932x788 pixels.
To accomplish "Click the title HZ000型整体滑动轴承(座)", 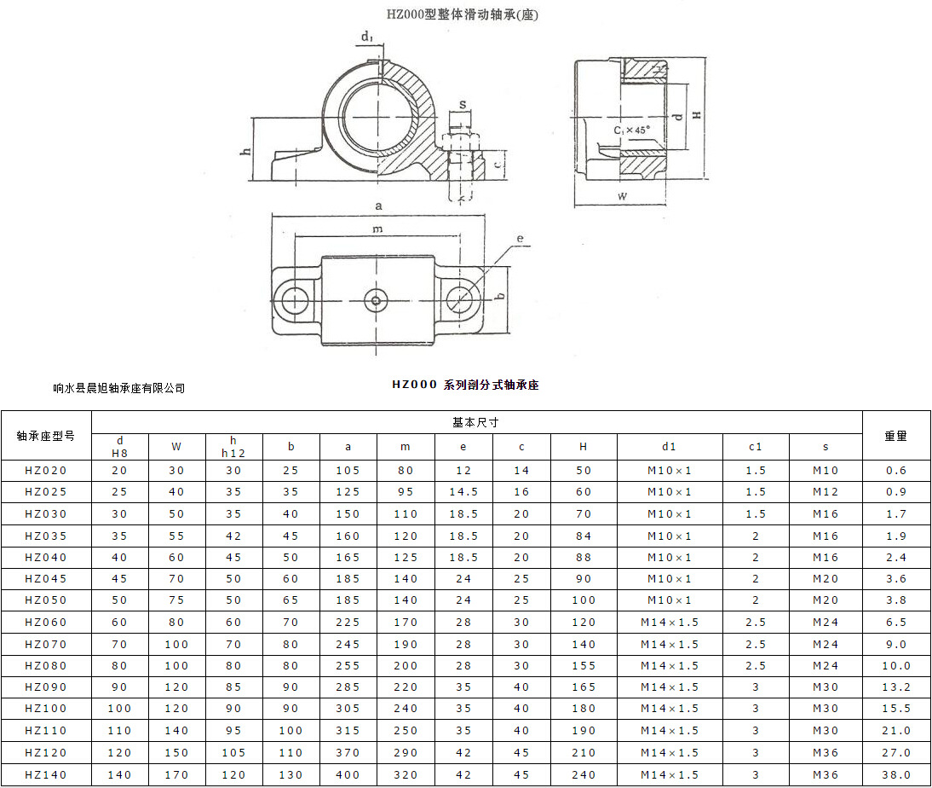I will point(463,14).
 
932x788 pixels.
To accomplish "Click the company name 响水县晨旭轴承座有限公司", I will point(118,388).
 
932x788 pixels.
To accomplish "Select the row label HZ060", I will point(46,623).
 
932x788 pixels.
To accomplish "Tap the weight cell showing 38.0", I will point(895,774).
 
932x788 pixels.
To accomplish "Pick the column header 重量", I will point(895,436).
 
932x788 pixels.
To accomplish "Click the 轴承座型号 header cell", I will point(46,436).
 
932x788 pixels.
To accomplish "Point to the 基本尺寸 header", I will point(475,422).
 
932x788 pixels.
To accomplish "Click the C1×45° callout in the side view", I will point(631,130).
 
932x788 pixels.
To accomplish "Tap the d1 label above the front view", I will point(366,37).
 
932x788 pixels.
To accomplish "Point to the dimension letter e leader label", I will point(519,240).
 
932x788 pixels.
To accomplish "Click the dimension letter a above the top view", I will point(377,206).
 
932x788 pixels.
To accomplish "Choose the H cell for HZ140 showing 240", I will point(584,774).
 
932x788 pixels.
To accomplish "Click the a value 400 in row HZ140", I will point(348,774).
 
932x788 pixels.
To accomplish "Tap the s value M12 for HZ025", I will point(826,492).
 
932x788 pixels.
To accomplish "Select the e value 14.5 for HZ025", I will point(463,492).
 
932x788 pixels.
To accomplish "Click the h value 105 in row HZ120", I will point(233,753).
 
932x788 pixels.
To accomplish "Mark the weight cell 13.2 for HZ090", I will point(895,687).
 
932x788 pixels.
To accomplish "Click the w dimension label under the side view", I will point(623,196).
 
